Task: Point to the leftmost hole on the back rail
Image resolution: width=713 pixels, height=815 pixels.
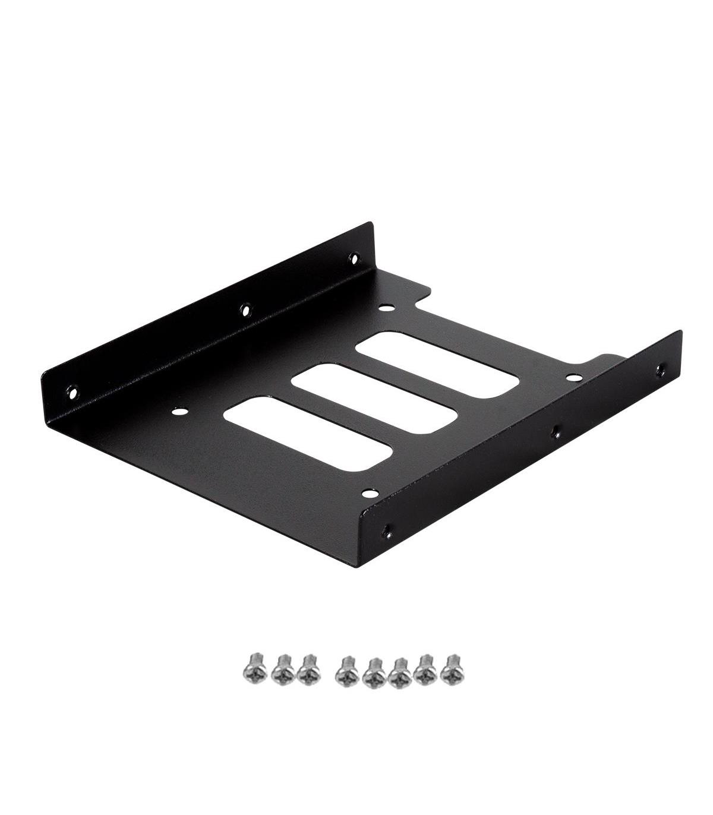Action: pyautogui.click(x=72, y=392)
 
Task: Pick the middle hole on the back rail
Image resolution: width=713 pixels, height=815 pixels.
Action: pyautogui.click(x=245, y=309)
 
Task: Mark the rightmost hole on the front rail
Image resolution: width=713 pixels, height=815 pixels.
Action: pyautogui.click(x=660, y=370)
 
